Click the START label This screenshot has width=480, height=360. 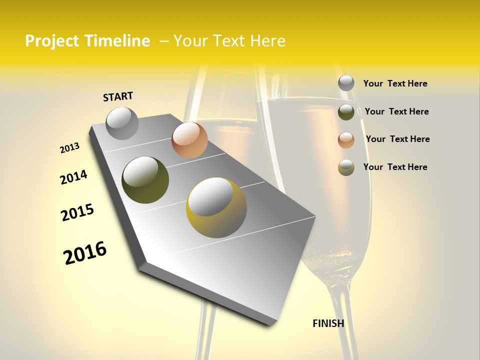pos(118,96)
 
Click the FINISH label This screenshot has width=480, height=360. pos(328,323)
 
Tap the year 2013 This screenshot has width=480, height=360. pos(69,148)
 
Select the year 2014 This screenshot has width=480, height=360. pos(73,177)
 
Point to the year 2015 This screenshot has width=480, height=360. pos(77,212)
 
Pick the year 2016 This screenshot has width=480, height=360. pos(85,252)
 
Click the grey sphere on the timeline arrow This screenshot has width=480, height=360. pos(122,123)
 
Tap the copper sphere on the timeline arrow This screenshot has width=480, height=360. pos(189,140)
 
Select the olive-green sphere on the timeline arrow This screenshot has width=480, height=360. pos(145,180)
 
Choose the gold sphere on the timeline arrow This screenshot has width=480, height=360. pos(216,207)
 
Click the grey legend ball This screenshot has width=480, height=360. pos(346,83)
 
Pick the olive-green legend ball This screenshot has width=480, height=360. pos(346,112)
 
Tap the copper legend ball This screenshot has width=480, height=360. pos(346,140)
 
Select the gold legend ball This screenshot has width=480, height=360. pos(346,167)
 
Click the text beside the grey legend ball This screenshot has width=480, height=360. pos(395,83)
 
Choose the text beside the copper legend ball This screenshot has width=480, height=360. pos(397,139)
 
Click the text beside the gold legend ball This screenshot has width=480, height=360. pos(395,167)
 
